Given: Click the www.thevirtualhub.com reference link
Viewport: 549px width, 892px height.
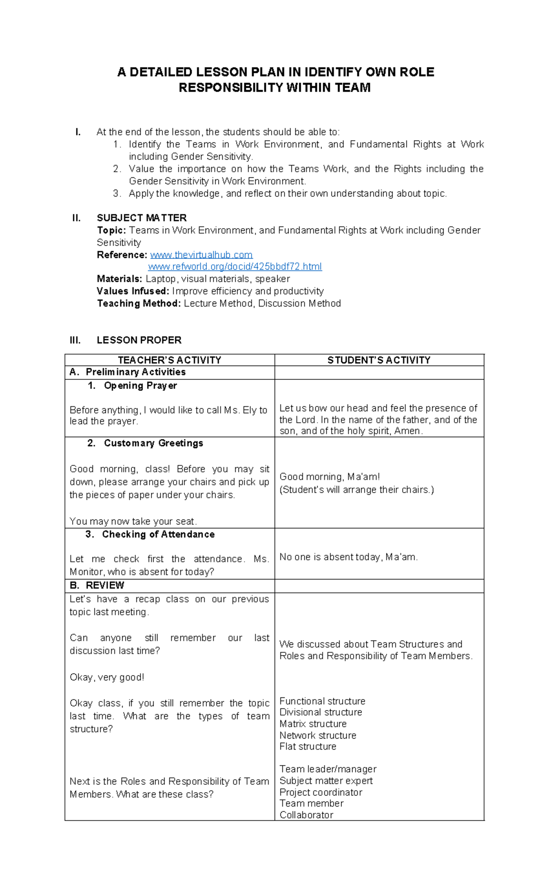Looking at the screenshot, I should click(201, 255).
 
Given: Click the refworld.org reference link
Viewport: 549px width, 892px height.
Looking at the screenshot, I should click(235, 267).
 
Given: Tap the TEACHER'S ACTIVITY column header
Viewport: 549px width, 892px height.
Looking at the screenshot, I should click(169, 360).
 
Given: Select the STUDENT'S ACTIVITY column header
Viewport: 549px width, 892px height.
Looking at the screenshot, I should click(379, 360).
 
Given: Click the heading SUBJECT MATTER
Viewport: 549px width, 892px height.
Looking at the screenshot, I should click(141, 218).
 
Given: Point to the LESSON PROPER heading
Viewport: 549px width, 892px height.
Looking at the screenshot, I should click(139, 340).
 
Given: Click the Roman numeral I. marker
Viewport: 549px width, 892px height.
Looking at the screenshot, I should click(78, 132).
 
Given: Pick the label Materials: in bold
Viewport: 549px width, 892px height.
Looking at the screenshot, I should click(119, 279).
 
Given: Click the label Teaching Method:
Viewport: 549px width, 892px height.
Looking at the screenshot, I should click(139, 303).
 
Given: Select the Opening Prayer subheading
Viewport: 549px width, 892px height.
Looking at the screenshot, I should click(140, 386).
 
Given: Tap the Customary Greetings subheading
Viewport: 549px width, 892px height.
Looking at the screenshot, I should click(153, 443).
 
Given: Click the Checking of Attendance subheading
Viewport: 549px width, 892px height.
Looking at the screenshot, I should click(158, 534).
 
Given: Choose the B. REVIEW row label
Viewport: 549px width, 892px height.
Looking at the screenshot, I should click(97, 585).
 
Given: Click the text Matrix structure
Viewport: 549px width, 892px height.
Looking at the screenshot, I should click(313, 724).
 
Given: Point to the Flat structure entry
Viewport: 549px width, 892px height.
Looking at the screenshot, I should click(307, 746).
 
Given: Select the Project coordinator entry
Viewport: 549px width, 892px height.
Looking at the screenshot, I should click(321, 792).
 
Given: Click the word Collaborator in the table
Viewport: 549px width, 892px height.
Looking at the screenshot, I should click(306, 815).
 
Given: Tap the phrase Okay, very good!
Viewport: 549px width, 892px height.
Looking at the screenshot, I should click(107, 677).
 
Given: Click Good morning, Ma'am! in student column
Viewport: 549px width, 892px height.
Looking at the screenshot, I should click(329, 476).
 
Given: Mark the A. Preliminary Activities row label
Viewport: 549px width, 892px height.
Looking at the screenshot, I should click(128, 372).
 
